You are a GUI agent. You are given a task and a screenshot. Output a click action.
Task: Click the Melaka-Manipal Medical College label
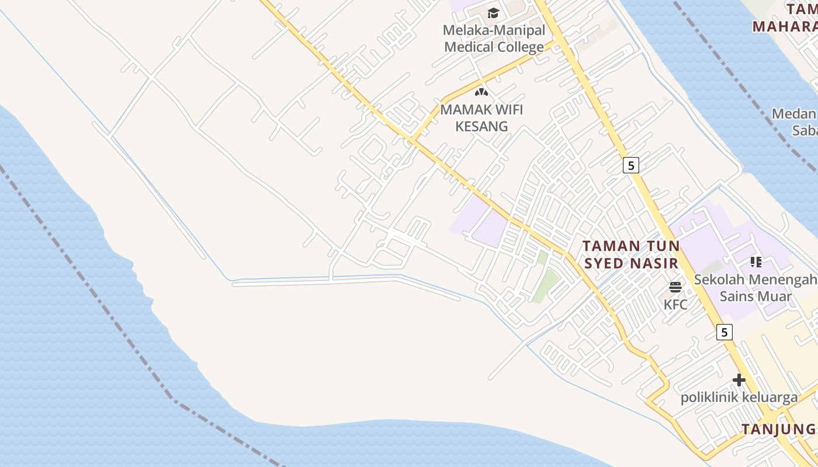click(494, 39)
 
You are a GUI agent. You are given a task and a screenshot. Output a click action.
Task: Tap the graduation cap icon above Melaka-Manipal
click(494, 13)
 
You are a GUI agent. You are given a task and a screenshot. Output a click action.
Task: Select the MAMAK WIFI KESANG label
click(481, 117)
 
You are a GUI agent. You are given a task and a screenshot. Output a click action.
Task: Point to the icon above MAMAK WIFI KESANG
click(481, 92)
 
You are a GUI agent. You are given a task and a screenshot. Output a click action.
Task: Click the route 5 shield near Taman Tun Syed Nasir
click(630, 165)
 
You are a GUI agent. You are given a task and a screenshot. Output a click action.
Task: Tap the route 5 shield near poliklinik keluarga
click(725, 332)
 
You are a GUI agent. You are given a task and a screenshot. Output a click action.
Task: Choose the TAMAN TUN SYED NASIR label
click(631, 255)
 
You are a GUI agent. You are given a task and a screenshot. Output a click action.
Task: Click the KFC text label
click(675, 304)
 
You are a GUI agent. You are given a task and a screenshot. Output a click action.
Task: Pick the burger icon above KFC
click(675, 287)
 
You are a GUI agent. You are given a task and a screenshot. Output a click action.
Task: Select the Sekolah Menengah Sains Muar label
click(755, 288)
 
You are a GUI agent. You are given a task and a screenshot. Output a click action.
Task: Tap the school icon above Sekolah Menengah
click(756, 262)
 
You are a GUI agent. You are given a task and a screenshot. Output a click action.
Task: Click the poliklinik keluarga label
click(739, 398)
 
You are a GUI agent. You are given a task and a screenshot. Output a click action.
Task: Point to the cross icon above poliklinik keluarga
click(739, 380)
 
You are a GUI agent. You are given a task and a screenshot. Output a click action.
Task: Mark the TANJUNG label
click(778, 429)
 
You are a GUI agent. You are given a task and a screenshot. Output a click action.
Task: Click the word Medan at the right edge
click(794, 114)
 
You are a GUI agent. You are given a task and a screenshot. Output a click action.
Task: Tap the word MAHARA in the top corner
click(784, 27)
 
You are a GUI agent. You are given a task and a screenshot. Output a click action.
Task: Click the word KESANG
click(481, 126)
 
